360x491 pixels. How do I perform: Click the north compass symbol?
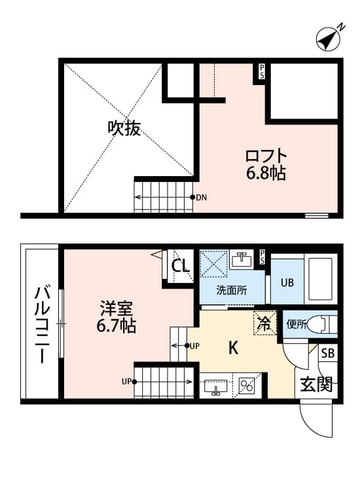point(329,39)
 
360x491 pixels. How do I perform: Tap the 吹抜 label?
point(124,128)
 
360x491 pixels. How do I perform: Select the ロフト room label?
point(266,157)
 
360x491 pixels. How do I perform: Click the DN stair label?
point(202,197)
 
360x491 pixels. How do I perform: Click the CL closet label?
point(180,266)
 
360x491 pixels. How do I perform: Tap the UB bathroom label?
point(287,283)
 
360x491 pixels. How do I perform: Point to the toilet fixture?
point(324,323)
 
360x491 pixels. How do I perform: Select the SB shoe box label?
point(328,354)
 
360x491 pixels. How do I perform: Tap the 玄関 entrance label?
point(316,384)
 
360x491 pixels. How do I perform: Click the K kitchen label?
point(232,348)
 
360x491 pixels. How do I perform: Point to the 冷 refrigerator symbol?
point(264,322)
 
